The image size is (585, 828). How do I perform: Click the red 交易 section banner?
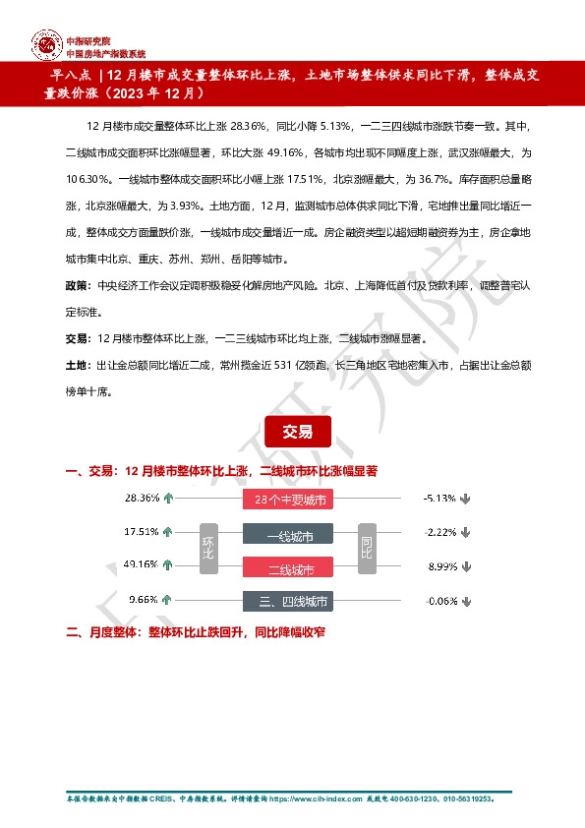(x=297, y=432)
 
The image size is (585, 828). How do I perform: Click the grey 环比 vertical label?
(x=207, y=549)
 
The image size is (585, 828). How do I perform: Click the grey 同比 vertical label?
(x=367, y=549)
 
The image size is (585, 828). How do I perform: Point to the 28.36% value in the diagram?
(x=142, y=499)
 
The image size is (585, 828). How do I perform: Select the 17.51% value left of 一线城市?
(x=142, y=532)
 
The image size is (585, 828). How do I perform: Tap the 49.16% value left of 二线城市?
(x=142, y=564)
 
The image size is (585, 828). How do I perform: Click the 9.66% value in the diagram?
(x=144, y=599)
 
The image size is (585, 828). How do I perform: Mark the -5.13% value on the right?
(x=438, y=499)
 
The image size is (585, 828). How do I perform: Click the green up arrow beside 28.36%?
(x=168, y=499)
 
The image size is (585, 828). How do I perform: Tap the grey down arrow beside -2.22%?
(x=464, y=533)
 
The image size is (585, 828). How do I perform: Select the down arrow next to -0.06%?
(x=464, y=600)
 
